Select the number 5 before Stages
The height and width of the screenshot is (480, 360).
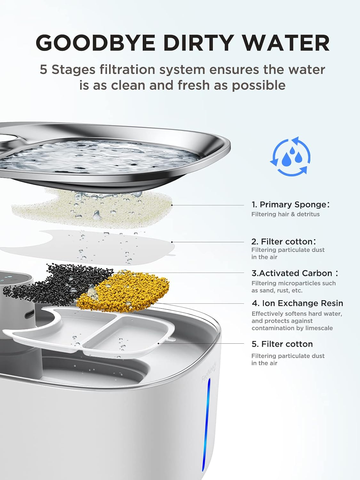(x=43, y=70)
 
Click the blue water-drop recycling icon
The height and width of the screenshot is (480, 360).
(x=290, y=156)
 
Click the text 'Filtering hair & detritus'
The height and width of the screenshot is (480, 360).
(x=285, y=214)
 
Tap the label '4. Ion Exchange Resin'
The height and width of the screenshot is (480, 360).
(x=297, y=303)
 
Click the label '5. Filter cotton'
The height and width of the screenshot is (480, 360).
(x=282, y=344)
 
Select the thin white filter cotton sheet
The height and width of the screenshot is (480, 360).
(x=92, y=247)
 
